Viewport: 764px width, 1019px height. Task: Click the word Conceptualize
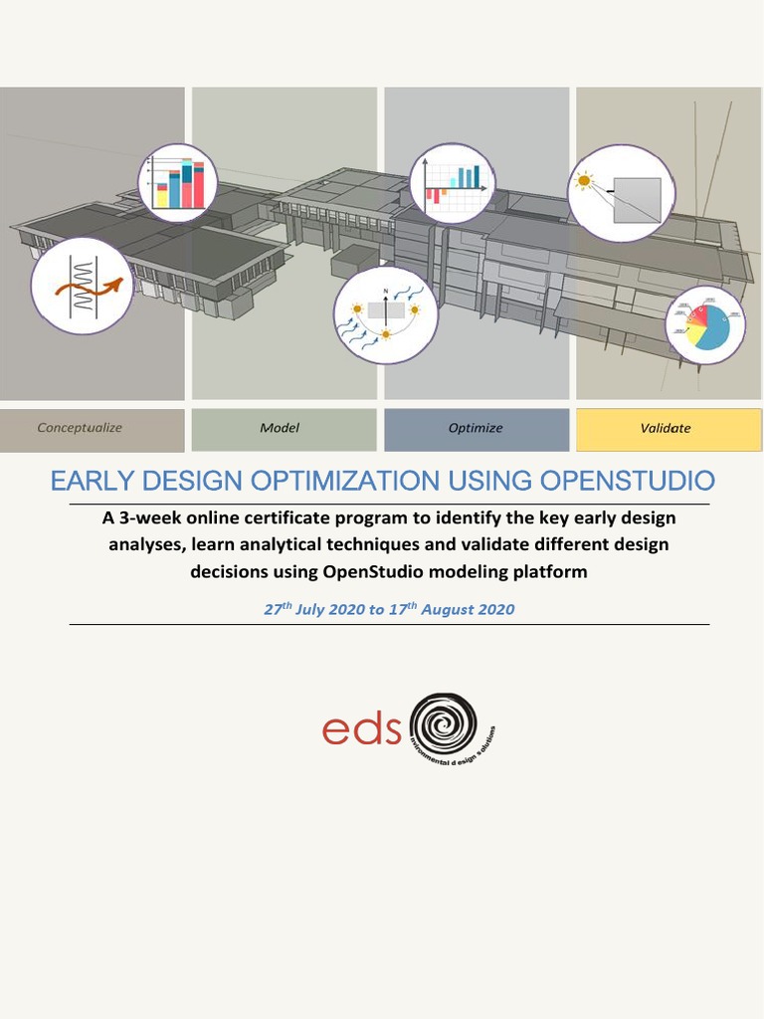80,428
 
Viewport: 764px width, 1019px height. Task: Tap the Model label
280,428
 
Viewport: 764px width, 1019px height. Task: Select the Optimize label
476,428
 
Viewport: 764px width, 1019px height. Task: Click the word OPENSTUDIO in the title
627,482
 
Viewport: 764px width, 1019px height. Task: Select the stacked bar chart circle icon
177,183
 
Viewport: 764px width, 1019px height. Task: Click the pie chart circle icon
705,325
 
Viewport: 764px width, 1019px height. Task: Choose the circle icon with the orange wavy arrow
83,285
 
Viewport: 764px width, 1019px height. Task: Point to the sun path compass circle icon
385,314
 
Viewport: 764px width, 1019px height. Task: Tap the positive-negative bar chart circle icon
452,184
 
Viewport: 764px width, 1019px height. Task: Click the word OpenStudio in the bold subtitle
375,571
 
